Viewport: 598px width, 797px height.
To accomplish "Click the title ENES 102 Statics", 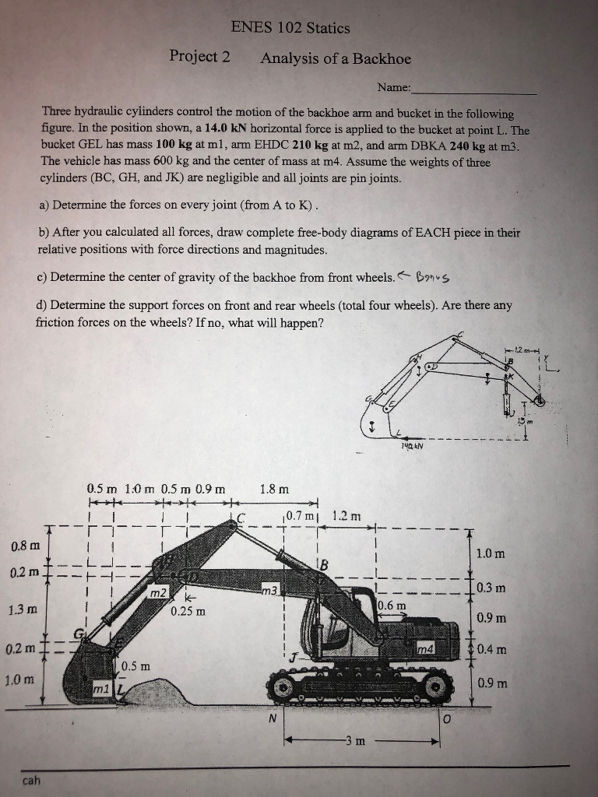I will (x=290, y=28).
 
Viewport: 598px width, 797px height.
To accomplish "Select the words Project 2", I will (x=200, y=58).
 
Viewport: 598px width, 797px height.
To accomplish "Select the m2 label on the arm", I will (x=159, y=595).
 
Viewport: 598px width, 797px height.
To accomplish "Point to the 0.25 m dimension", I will (x=188, y=610).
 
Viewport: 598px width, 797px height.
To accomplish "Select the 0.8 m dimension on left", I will (x=21, y=544).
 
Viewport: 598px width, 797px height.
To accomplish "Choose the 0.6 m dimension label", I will (x=391, y=606).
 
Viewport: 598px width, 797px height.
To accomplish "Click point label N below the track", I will (x=272, y=718).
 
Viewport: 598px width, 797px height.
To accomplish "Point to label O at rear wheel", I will (x=446, y=718).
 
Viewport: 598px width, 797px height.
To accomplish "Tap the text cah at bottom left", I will (x=32, y=779).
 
